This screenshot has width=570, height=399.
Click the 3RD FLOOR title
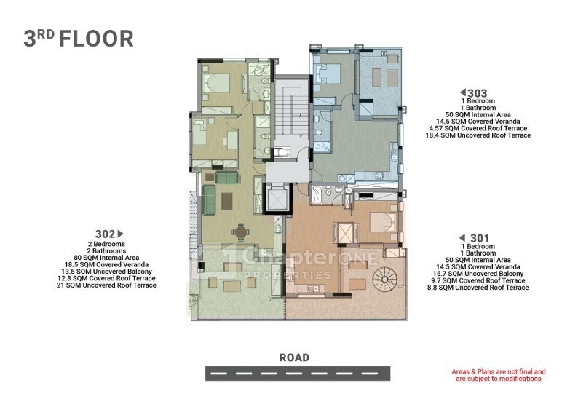79,39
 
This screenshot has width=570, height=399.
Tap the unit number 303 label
477,93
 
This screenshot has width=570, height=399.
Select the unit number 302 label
105,234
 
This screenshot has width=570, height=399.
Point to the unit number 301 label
480,238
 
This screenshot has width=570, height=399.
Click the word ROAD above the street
294,357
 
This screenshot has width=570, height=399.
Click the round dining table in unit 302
240,232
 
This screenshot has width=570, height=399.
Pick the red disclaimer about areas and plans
499,375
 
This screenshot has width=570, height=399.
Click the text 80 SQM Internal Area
106,258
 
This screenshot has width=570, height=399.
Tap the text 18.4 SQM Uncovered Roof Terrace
478,135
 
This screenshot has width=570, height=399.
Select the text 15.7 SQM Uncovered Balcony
478,274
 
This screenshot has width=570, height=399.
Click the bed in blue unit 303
328,74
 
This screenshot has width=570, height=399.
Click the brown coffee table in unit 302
227,201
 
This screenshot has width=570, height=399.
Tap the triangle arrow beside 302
121,234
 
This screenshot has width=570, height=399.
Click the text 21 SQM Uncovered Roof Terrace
106,285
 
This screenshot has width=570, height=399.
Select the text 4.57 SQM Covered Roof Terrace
478,128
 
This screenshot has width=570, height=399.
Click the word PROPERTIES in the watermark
287,274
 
